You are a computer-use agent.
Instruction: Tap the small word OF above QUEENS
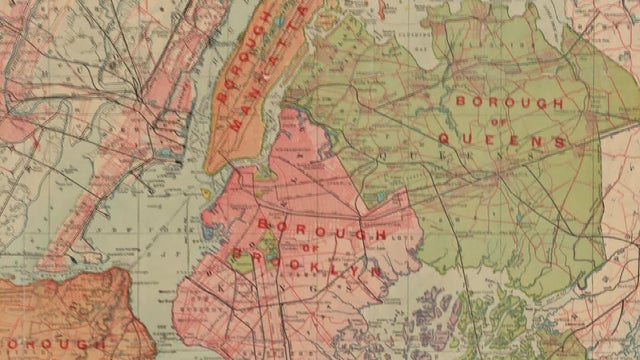point(503,122)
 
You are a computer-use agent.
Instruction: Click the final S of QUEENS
point(561,142)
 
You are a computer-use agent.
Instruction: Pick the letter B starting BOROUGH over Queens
point(460,102)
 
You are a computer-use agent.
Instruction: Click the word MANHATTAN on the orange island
point(261,88)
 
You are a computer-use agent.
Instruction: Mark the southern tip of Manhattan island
point(210,167)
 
